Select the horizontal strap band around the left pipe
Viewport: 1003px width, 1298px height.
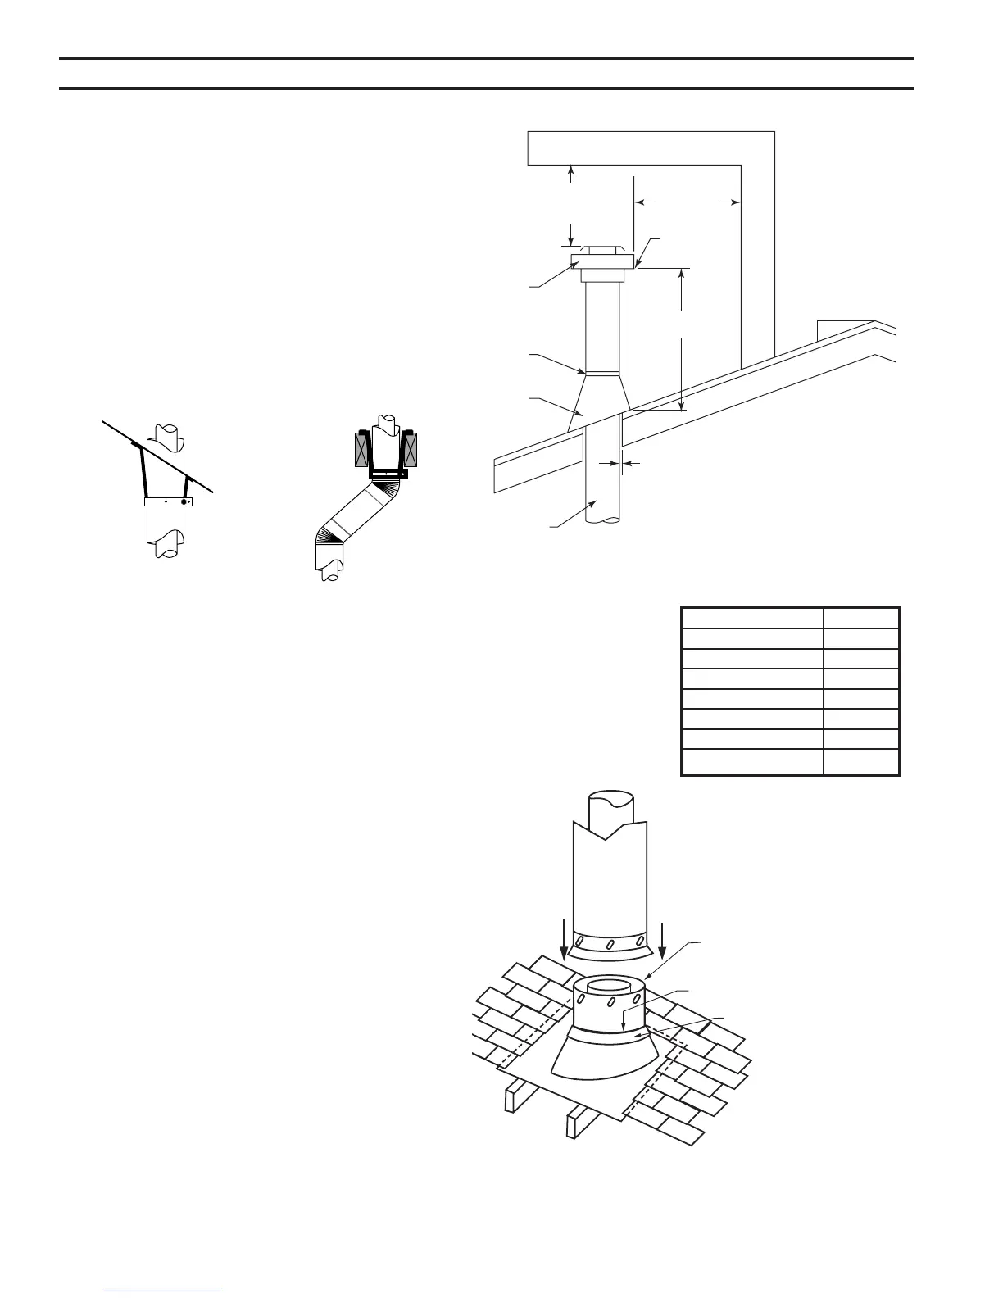pos(168,501)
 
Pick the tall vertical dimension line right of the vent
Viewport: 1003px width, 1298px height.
pos(682,338)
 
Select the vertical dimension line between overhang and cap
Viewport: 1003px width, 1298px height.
pos(571,205)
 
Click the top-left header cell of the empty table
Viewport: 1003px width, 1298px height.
pos(752,618)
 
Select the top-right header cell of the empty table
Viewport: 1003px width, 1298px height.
pos(861,618)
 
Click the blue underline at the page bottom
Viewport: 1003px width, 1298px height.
pos(163,1292)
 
